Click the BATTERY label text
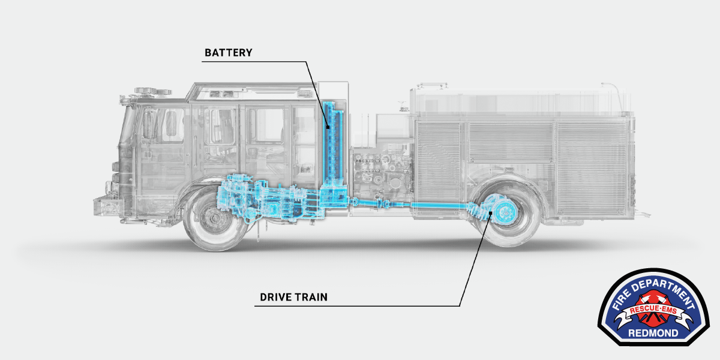(x=229, y=53)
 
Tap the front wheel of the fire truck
(x=214, y=220)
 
